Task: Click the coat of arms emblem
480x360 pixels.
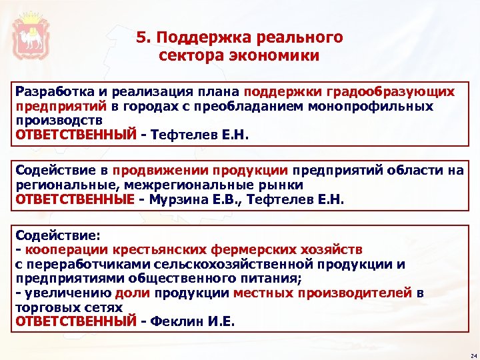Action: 32,33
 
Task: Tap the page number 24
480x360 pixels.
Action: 471,355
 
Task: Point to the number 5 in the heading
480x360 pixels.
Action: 141,37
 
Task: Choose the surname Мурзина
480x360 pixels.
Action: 178,199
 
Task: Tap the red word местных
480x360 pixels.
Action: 261,293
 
